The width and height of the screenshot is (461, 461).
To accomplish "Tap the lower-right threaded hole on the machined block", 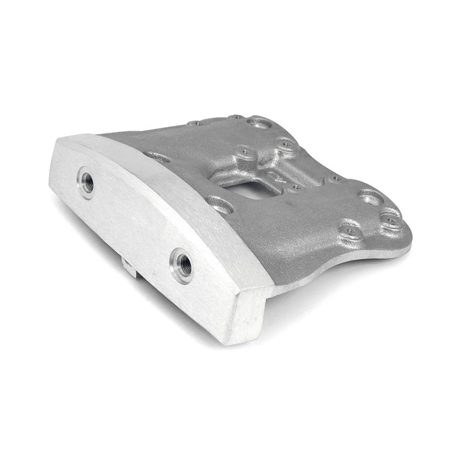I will [x=182, y=265].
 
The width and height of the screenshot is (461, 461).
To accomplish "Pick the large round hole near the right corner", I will [x=371, y=196].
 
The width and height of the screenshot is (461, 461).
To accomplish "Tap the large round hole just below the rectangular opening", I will [x=221, y=205].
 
